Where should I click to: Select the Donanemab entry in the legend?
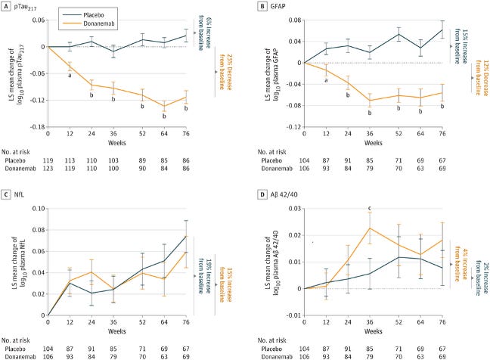point(88,23)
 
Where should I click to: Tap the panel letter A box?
point(5,6)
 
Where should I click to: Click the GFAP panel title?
point(278,6)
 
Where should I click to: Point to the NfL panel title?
point(19,194)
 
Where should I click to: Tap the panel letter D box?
point(262,194)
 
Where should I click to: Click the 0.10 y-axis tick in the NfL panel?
point(39,209)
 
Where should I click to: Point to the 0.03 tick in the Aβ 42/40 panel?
point(295,209)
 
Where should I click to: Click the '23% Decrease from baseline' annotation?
point(225,72)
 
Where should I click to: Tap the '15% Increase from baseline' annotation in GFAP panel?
point(461,46)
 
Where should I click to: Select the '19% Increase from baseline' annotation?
point(205,276)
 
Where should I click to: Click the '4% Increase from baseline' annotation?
point(461,265)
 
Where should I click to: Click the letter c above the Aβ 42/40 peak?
point(370,209)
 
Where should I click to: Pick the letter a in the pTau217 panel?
point(70,76)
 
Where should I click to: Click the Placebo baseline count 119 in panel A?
point(48,160)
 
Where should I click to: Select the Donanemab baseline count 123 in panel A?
point(48,169)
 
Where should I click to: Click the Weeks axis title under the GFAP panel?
point(373,143)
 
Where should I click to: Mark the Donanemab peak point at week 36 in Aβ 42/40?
point(370,228)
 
